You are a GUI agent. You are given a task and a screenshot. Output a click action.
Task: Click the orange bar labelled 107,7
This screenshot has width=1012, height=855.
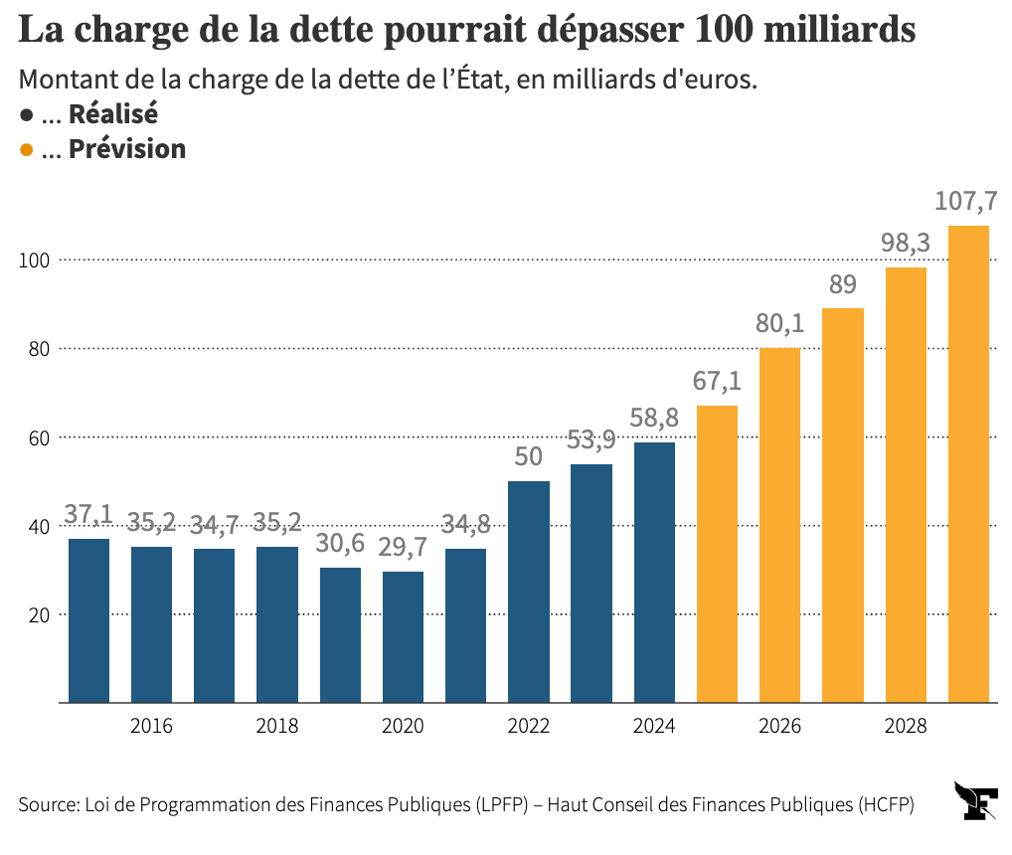968,464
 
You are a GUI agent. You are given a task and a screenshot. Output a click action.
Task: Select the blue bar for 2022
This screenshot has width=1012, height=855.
528,592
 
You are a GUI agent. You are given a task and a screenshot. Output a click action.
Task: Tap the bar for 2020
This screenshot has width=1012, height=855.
403,637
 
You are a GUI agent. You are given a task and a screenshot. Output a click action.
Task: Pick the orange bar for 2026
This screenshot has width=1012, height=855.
779,525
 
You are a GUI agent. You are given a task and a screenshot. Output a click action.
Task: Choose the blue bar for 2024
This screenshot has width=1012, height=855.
654,573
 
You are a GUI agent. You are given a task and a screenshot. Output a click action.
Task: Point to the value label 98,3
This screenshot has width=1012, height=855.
905,244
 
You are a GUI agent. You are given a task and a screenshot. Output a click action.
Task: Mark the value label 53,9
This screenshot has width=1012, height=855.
590,439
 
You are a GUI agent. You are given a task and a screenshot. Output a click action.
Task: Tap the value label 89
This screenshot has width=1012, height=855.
842,285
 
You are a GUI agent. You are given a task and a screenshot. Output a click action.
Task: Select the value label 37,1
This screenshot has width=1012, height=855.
88,514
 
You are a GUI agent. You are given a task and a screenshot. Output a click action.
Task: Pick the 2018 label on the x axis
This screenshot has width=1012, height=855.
277,727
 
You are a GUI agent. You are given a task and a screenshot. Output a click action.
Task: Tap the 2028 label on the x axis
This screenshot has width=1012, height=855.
905,727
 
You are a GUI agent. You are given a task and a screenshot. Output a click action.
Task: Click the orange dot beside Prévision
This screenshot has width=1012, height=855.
27,150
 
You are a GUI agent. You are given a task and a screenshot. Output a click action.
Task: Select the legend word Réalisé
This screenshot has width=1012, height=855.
112,113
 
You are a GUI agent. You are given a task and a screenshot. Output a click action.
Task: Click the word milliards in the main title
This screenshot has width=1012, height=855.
839,30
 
